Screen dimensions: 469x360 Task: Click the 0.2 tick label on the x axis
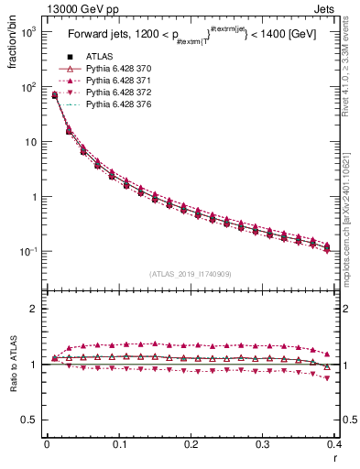coord(191,444)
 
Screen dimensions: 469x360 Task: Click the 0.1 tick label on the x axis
coord(118,444)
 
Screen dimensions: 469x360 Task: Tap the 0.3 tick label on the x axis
coord(263,444)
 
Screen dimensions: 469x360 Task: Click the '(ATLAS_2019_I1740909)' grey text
coord(190,274)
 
